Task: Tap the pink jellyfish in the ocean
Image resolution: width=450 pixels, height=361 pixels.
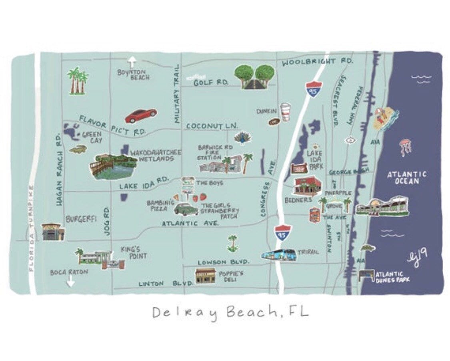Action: pyautogui.click(x=405, y=147)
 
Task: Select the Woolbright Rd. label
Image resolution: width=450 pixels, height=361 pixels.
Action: pyautogui.click(x=317, y=62)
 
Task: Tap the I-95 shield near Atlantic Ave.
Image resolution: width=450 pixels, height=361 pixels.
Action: pyautogui.click(x=282, y=233)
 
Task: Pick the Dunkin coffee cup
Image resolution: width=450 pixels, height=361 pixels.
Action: pyautogui.click(x=285, y=112)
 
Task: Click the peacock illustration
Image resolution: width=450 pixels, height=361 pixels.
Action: pyautogui.click(x=242, y=138)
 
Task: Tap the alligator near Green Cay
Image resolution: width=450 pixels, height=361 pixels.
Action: pyautogui.click(x=78, y=149)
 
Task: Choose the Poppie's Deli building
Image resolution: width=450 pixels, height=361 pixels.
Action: pyautogui.click(x=205, y=276)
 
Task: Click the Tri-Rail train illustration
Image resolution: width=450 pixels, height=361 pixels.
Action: pyautogui.click(x=278, y=254)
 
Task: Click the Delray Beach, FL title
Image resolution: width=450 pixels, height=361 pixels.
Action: pyautogui.click(x=230, y=312)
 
